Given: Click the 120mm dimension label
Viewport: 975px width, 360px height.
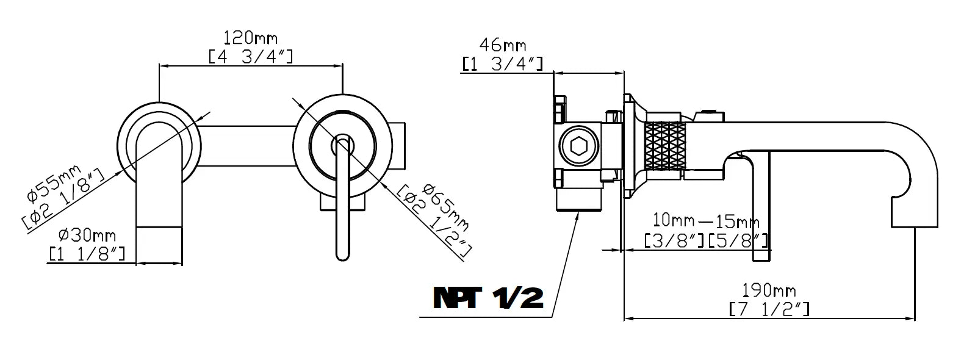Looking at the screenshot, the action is pos(250,38).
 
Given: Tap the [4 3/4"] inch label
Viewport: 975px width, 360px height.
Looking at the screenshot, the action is pos(251,57).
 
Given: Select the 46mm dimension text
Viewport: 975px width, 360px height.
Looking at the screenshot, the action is pos(502,45).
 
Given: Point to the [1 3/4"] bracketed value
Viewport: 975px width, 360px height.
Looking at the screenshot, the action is pos(502,64).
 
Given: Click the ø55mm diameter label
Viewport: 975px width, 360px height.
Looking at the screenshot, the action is pos(54,183).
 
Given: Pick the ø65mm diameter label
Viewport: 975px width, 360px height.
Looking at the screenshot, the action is pos(446,207).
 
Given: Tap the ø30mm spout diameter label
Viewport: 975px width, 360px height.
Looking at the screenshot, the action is pos(87,236).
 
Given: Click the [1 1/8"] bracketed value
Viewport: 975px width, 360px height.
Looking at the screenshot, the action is pos(87,254).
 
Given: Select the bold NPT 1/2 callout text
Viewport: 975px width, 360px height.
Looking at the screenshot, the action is pos(488,298).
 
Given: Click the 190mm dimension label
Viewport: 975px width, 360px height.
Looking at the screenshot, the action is pos(769,290).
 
